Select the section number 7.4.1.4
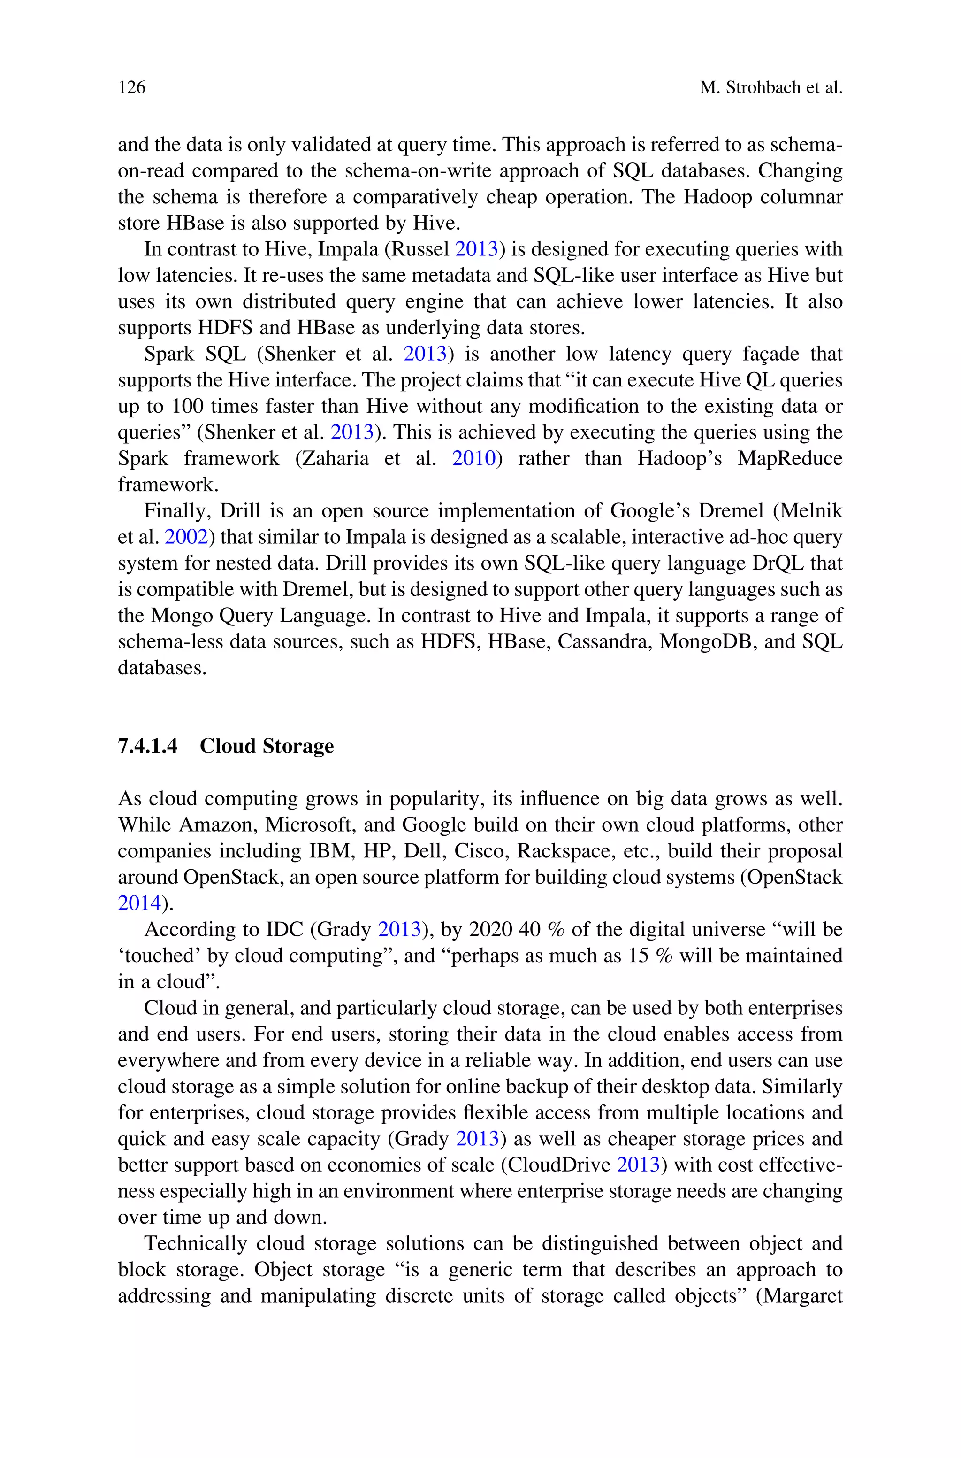click(x=148, y=746)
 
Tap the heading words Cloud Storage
click(x=267, y=746)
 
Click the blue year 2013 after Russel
click(x=476, y=249)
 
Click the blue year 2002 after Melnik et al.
click(x=186, y=537)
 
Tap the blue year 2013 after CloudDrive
click(x=638, y=1165)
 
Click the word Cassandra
click(x=604, y=641)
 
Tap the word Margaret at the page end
click(x=800, y=1296)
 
